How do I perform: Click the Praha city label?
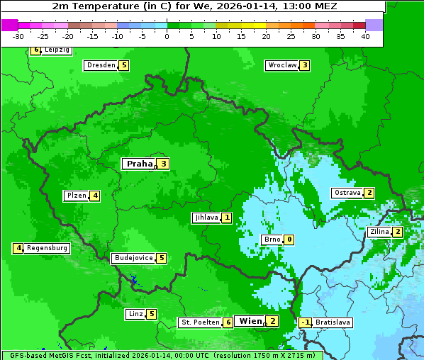(139, 164)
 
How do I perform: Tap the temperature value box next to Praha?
(163, 164)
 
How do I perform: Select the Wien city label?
(250, 321)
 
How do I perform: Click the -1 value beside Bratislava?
(305, 322)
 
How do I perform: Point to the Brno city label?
(272, 240)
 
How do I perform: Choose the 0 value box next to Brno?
(289, 240)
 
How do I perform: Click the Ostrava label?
(347, 193)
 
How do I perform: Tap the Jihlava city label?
(206, 218)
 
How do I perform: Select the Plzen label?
(76, 196)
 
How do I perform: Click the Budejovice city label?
(133, 258)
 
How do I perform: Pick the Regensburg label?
(48, 248)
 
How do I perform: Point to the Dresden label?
(101, 65)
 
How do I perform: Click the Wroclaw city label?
(281, 65)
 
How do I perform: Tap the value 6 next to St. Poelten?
(228, 322)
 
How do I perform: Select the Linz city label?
(135, 314)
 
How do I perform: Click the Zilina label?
(380, 232)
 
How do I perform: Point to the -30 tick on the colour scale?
(18, 36)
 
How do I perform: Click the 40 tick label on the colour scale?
(365, 36)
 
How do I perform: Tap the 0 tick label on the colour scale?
(167, 36)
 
